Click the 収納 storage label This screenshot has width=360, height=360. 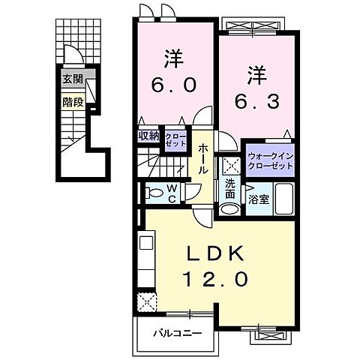(148, 136)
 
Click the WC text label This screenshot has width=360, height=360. (172, 193)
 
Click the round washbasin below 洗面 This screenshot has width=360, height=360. (229, 209)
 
